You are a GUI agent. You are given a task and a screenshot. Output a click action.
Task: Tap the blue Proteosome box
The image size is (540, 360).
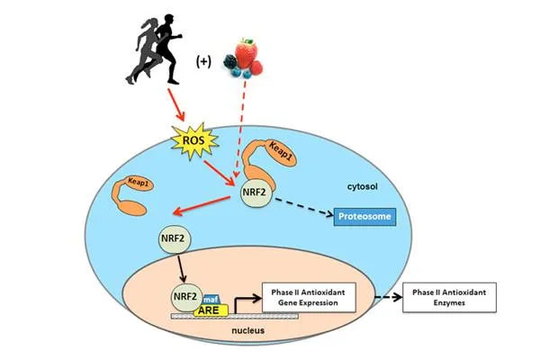[x=365, y=217]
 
